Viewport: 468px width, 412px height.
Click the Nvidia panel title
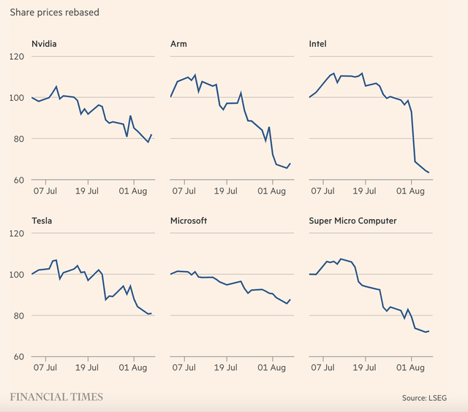44,44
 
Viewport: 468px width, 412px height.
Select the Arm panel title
178,44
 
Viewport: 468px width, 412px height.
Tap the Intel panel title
318,44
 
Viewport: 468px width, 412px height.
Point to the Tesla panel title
42,221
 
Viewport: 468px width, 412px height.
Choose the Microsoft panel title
189,221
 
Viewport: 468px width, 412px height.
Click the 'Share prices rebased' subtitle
55,12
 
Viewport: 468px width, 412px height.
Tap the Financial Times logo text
56,397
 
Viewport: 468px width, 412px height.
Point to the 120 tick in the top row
17,56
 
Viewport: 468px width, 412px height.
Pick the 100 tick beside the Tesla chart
17,275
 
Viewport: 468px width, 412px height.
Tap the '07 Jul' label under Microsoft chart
185,368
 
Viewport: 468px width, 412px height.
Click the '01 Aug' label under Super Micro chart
412,368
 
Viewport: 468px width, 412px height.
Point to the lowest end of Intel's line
429,173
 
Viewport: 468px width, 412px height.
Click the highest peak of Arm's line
195,75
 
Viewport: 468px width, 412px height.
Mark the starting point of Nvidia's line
32,97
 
